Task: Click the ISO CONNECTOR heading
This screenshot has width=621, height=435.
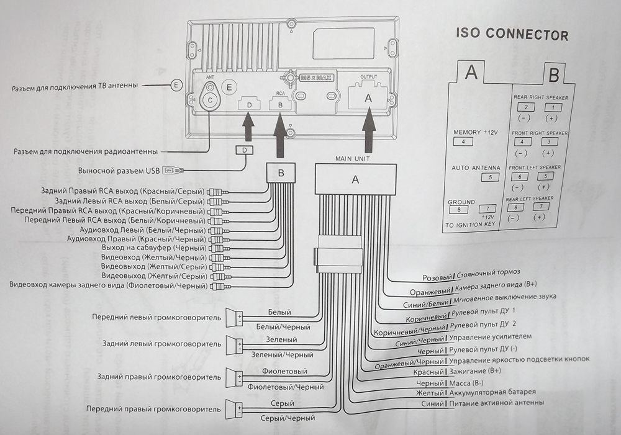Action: coord(512,35)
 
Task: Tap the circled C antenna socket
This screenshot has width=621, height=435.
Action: coord(211,100)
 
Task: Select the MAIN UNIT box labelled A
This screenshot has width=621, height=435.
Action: coord(355,180)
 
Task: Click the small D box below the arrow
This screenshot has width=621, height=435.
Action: coord(245,150)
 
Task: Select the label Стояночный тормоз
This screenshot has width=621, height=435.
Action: coord(488,272)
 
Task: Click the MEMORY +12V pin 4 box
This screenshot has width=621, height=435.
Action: coord(463,142)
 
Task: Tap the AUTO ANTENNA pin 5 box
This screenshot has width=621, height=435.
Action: coord(490,177)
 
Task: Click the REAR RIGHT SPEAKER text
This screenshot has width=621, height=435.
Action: coord(540,97)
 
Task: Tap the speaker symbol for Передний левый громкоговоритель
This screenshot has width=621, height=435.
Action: coord(234,318)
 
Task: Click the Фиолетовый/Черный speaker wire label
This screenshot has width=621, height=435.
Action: coord(286,387)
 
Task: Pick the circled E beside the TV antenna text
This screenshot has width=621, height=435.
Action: coord(178,84)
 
